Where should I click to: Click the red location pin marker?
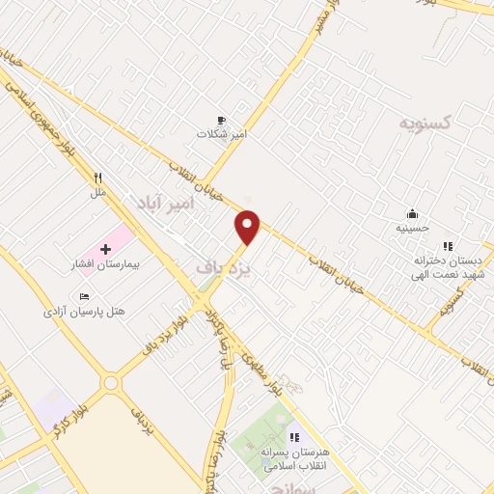click(248, 226)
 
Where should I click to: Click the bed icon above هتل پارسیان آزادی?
click(84, 296)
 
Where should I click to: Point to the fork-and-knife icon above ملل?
click(97, 178)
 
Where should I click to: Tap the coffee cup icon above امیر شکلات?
click(222, 121)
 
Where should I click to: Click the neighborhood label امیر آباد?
click(166, 204)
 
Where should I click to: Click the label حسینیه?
click(412, 229)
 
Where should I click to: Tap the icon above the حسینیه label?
click(412, 214)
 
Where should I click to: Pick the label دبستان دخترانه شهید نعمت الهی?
click(448, 267)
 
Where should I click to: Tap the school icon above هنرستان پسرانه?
click(294, 438)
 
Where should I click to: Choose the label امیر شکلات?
click(222, 134)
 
